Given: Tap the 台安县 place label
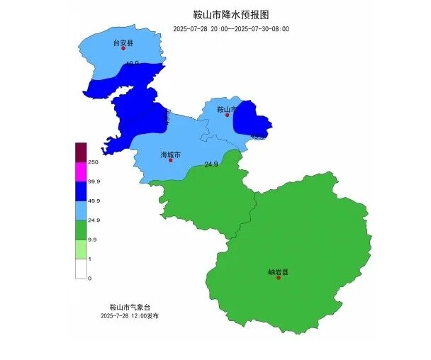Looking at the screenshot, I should (123, 43).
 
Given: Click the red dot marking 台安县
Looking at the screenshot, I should (123, 49).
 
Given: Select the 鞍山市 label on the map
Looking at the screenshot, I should (226, 109).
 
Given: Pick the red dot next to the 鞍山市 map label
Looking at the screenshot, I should (228, 115).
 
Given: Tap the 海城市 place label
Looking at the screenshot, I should (171, 154).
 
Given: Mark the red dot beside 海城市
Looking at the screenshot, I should (170, 160).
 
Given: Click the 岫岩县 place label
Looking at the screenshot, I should (278, 271).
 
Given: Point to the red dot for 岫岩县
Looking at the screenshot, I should (279, 278).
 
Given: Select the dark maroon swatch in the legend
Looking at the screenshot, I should (81, 152).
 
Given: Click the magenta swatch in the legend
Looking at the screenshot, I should (81, 171).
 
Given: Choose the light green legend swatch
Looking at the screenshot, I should (81, 249).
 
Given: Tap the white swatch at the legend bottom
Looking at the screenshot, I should (81, 269).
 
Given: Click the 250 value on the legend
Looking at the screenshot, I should (93, 162).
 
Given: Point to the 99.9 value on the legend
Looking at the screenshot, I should (94, 181).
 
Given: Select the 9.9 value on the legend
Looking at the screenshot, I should (92, 240).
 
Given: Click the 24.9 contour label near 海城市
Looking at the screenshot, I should (211, 164).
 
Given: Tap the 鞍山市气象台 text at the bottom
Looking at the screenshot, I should (125, 307).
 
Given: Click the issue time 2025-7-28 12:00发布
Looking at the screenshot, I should (130, 315).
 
